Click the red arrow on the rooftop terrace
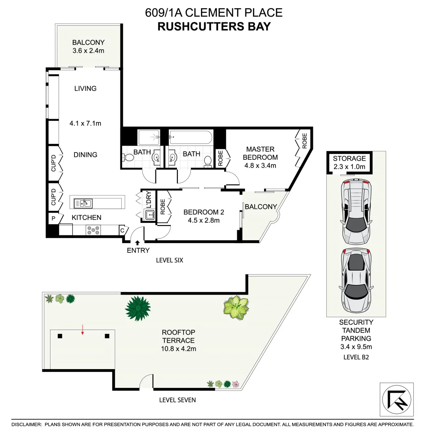[83, 330]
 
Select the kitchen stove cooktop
[93, 230]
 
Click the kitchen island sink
[83, 203]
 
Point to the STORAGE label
[349, 159]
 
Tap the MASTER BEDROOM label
[260, 153]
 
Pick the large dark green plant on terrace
[138, 308]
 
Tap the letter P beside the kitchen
[53, 218]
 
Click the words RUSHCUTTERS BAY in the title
[214, 27]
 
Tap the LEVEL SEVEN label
[177, 400]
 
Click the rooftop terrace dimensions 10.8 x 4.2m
[179, 348]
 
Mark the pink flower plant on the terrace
[236, 384]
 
